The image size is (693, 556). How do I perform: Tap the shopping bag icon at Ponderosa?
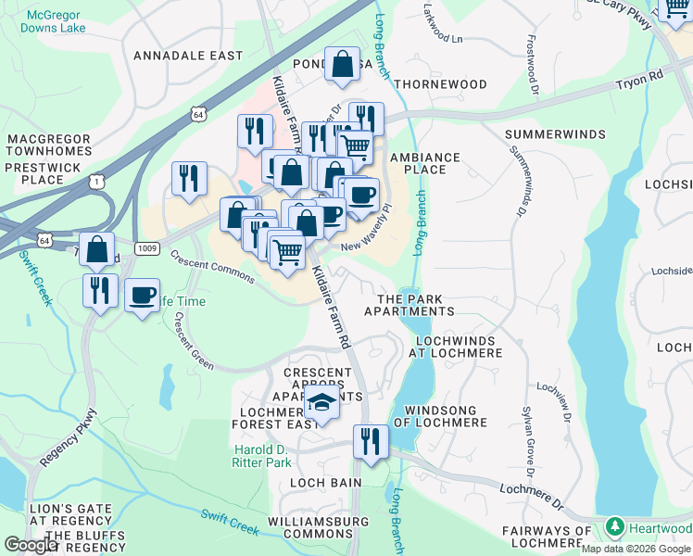[x=343, y=65]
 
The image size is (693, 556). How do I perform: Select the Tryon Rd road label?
[x=640, y=83]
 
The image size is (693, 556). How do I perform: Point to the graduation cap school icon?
[x=321, y=403]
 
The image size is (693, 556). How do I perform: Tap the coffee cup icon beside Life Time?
[x=141, y=296]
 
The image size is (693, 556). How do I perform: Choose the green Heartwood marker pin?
[x=613, y=527]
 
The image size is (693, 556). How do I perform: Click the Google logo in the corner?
[x=31, y=545]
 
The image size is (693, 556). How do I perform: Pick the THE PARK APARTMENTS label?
[x=409, y=306]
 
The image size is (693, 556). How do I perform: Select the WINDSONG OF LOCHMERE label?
[x=435, y=416]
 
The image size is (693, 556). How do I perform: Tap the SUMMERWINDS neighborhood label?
[x=548, y=135]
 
